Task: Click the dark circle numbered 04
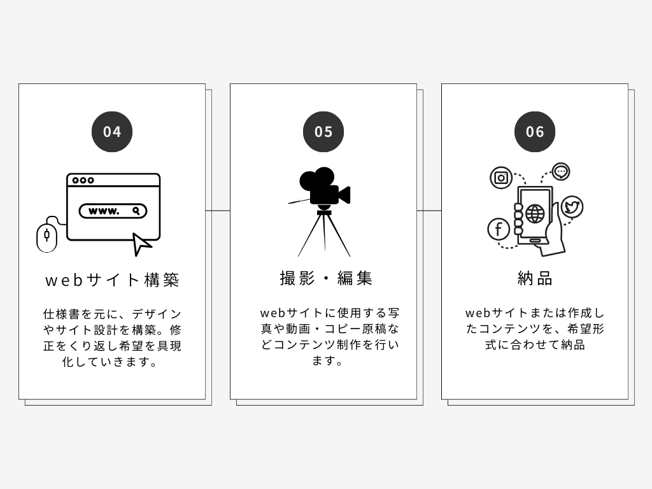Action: coord(112,131)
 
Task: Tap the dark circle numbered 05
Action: coord(323,131)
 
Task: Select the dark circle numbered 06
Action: coord(535,131)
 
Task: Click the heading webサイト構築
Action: coord(112,280)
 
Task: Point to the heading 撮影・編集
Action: coord(326,278)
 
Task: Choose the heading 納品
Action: coord(535,278)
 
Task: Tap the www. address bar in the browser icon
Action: coord(113,211)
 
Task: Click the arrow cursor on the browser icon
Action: coord(141,244)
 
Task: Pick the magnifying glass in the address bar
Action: coord(136,211)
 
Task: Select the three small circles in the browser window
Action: coord(83,180)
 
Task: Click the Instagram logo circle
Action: coord(501,178)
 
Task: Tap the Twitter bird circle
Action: coord(572,207)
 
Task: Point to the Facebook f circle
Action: coord(499,229)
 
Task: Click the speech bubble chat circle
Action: coord(561,171)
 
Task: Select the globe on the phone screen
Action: coord(535,214)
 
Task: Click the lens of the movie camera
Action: coord(344,195)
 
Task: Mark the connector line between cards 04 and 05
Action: coord(218,211)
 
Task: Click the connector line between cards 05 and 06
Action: coord(429,211)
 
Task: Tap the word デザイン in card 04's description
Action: coord(157,314)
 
